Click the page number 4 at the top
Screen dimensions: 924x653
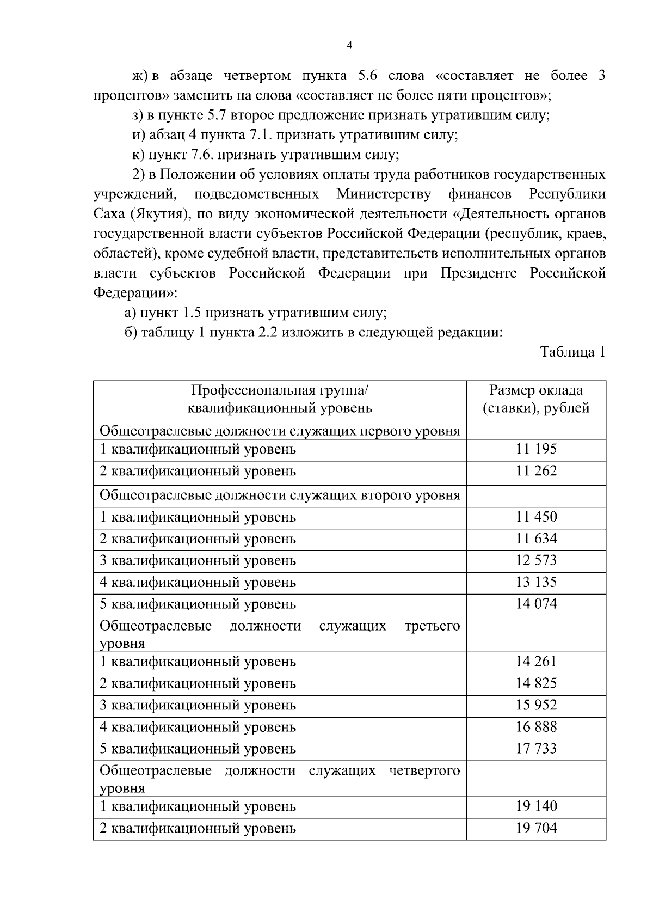349,46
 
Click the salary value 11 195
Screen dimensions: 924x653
536,449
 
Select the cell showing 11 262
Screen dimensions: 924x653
536,471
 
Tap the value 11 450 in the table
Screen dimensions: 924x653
536,517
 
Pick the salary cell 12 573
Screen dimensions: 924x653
536,560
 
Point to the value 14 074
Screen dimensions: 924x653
536,604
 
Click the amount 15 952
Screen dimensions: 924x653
536,705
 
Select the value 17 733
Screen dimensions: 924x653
536,749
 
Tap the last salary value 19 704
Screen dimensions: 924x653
536,828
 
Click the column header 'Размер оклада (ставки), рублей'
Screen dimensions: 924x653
536,400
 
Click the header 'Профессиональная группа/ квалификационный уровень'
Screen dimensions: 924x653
280,400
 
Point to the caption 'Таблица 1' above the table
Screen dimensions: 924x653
572,352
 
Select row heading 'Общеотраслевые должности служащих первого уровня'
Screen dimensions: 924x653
280,431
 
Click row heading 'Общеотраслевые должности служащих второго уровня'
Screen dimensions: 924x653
280,495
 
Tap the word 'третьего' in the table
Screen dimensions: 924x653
432,626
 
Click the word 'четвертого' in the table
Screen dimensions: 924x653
424,770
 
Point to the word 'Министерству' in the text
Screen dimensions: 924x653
383,194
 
